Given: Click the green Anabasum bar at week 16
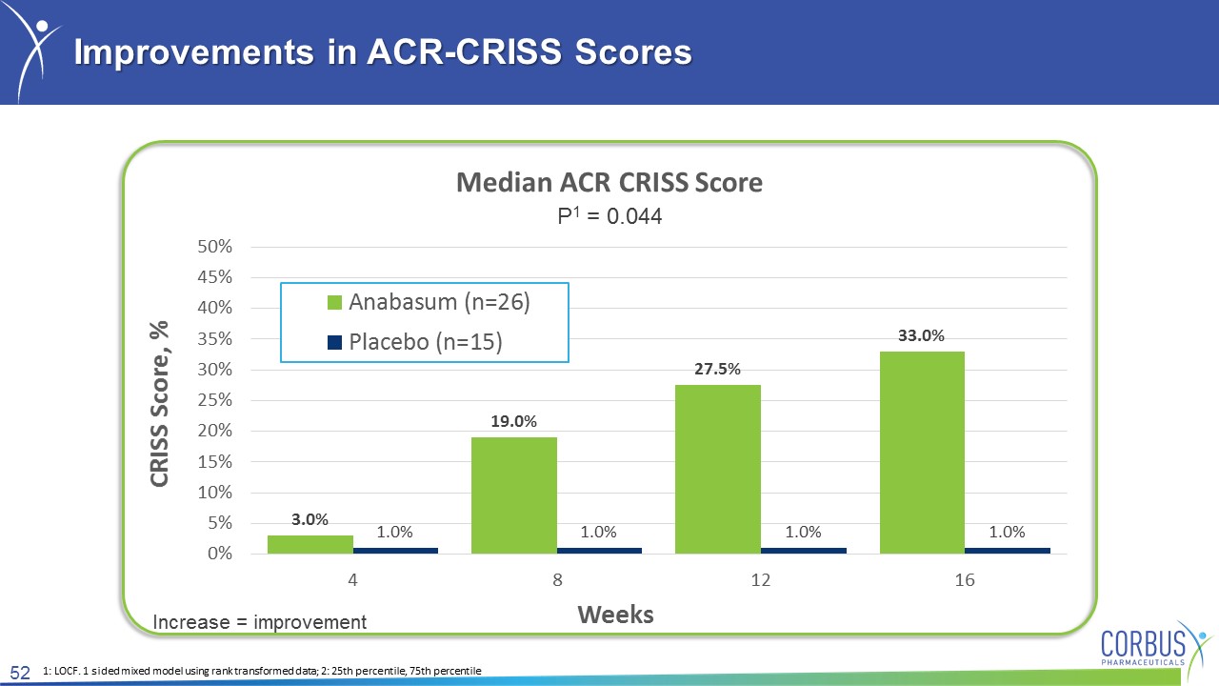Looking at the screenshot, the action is point(922,453).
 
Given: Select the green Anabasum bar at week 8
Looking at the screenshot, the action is point(513,495).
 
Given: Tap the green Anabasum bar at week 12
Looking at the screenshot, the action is point(718,470).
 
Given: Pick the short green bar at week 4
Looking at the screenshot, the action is point(310,544).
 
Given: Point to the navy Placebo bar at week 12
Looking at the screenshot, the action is point(803,551).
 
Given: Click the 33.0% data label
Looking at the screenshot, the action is point(921,335).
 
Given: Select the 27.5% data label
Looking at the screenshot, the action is point(717,369).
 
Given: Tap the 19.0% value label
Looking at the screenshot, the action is point(513,421).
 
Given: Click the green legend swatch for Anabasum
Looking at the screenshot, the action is point(334,302).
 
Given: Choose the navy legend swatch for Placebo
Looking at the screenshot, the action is point(334,342).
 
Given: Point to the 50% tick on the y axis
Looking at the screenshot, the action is point(214,247).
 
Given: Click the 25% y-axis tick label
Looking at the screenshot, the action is point(214,400).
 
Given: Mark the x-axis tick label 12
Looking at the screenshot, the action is point(761,580).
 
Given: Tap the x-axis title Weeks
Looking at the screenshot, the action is point(615,615).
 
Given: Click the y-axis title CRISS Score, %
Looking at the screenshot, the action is point(159,403).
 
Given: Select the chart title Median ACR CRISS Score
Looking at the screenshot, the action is point(609,182).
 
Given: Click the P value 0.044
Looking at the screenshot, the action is point(634,216).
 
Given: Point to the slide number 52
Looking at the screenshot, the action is point(20,673).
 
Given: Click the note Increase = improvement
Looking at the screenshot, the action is point(260,622).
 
